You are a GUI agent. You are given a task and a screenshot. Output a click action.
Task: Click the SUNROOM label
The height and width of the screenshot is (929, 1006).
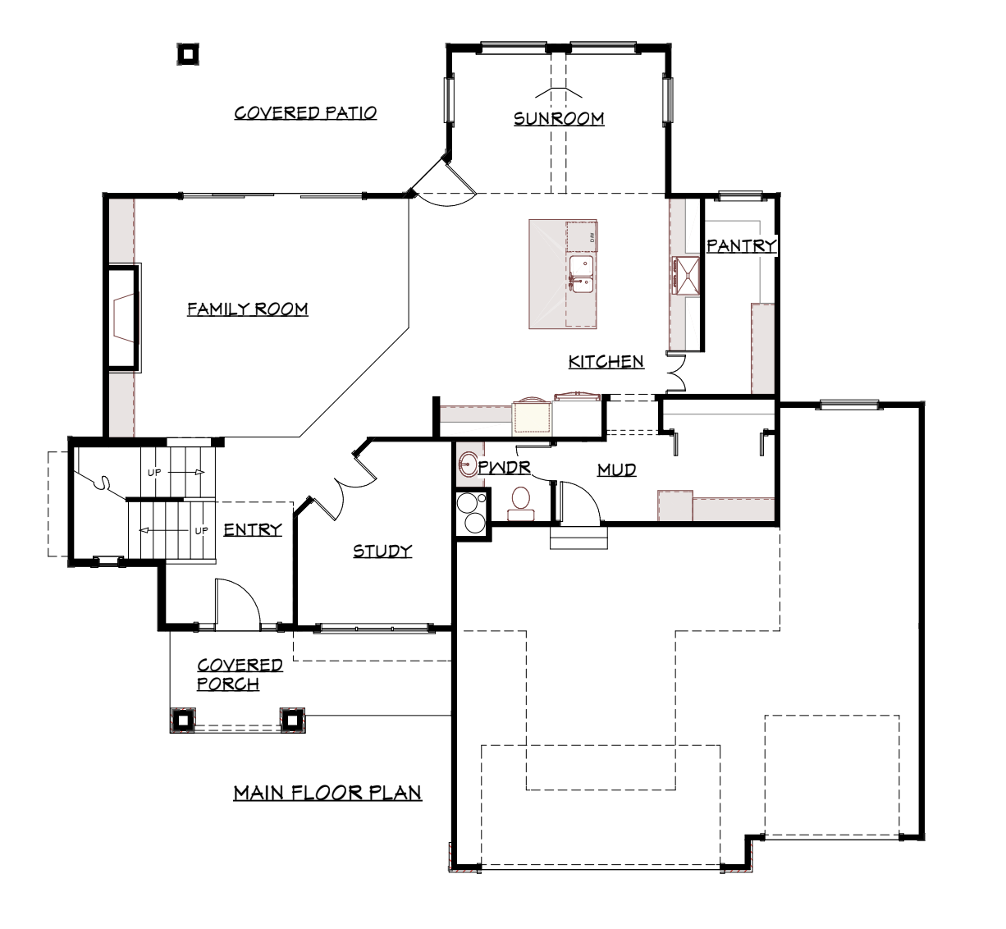559,119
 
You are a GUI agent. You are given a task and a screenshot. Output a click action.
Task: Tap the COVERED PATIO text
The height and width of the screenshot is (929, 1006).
305,112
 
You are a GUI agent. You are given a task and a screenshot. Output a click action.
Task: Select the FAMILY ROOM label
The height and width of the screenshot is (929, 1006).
248,309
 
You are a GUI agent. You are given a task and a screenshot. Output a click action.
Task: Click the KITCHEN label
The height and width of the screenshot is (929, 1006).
606,362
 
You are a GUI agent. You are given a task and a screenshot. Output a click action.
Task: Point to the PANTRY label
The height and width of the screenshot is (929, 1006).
742,246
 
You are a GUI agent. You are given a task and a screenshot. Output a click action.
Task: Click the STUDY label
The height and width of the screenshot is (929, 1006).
382,551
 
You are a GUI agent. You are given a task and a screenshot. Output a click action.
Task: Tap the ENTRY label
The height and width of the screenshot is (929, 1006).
253,529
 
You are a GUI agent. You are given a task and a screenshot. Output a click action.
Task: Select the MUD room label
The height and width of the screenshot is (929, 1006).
616,469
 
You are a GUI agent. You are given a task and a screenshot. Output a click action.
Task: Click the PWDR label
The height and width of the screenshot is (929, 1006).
504,467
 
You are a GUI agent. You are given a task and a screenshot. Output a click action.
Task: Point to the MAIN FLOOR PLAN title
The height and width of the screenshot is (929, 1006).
327,793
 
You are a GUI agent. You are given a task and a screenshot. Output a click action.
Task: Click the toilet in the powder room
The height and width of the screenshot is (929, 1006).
521,504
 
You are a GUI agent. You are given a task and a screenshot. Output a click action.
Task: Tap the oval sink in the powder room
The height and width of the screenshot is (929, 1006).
469,464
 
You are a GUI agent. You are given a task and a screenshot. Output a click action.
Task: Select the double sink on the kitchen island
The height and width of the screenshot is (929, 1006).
581,274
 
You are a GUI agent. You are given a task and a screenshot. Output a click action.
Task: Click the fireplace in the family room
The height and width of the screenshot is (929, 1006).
123,318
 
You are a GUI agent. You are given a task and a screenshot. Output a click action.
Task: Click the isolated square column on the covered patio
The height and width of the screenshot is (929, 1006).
188,53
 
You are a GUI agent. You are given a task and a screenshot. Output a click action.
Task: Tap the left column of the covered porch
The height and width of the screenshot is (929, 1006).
183,720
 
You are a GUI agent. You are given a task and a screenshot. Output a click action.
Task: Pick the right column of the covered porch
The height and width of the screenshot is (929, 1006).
292,720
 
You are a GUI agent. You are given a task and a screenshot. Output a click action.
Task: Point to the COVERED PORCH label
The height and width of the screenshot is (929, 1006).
240,675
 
